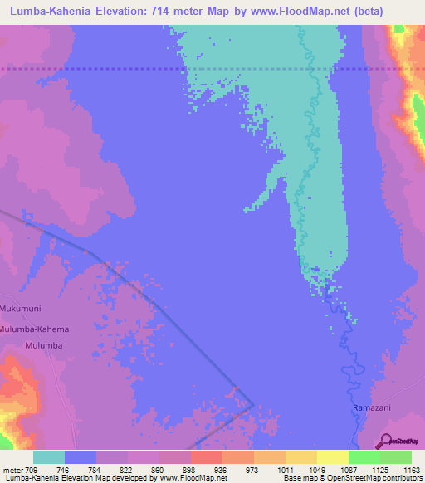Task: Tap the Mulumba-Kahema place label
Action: pyautogui.click(x=35, y=329)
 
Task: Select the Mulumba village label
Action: pyautogui.click(x=44, y=344)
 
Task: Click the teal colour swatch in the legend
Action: pyautogui.click(x=49, y=457)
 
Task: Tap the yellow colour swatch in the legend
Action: pyautogui.click(x=332, y=457)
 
